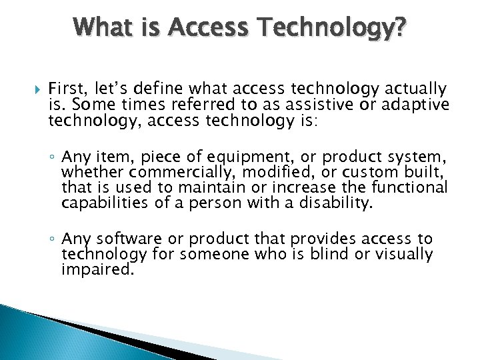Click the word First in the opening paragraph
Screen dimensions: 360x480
pyautogui.click(x=65, y=89)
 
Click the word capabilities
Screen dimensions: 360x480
pyautogui.click(x=102, y=203)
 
